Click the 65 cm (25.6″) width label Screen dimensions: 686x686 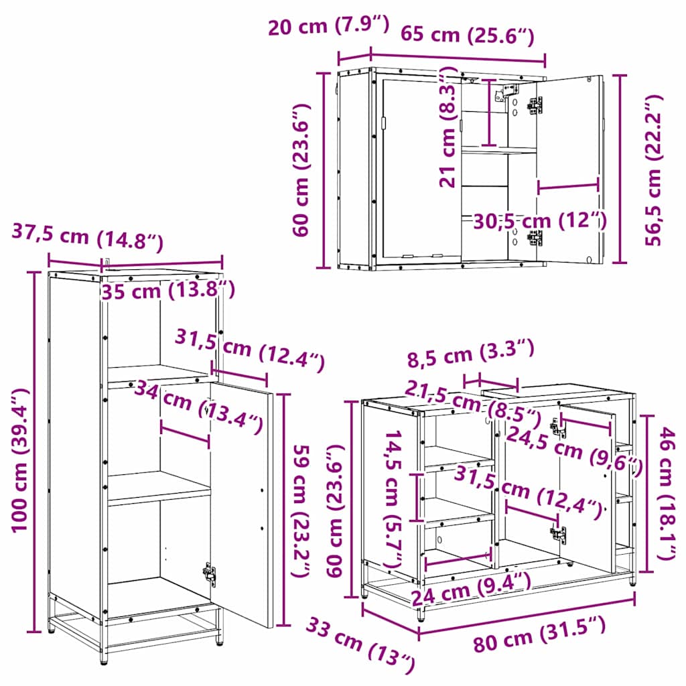coord(467,35)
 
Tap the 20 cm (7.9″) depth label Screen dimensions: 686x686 coord(328,25)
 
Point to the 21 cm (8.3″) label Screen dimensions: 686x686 coord(448,127)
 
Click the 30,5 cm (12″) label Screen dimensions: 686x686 coord(540,221)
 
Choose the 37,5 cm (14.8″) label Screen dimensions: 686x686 coord(88,237)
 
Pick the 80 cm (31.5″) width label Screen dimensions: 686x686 coord(539,633)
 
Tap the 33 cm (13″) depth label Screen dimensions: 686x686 coord(360,644)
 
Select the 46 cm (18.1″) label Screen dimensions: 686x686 coord(668,494)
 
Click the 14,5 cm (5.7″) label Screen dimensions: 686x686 coord(395,498)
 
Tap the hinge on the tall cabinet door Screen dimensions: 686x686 coord(209,573)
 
